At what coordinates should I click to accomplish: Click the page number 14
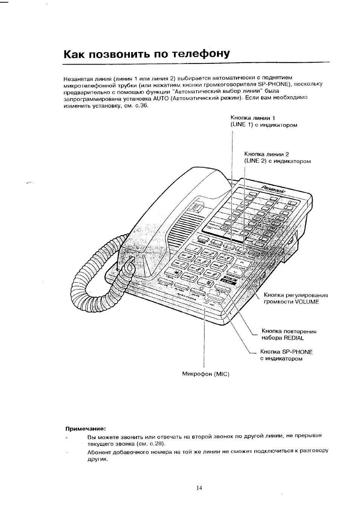[x=199, y=488]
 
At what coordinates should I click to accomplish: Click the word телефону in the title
[x=201, y=54]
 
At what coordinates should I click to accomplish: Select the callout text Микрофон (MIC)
[x=206, y=374]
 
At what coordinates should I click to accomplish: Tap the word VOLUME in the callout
[x=307, y=302]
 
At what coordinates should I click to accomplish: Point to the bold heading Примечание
[x=86, y=428]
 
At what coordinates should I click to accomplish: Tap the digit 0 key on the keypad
[x=191, y=280]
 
